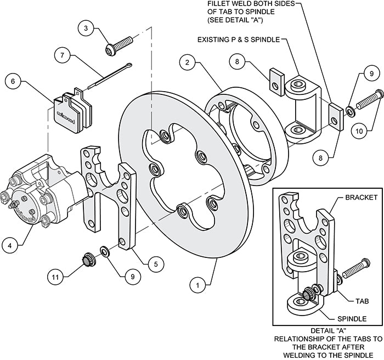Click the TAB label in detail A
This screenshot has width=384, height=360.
pyautogui.click(x=362, y=301)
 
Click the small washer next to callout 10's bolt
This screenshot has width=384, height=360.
pyautogui.click(x=349, y=113)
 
